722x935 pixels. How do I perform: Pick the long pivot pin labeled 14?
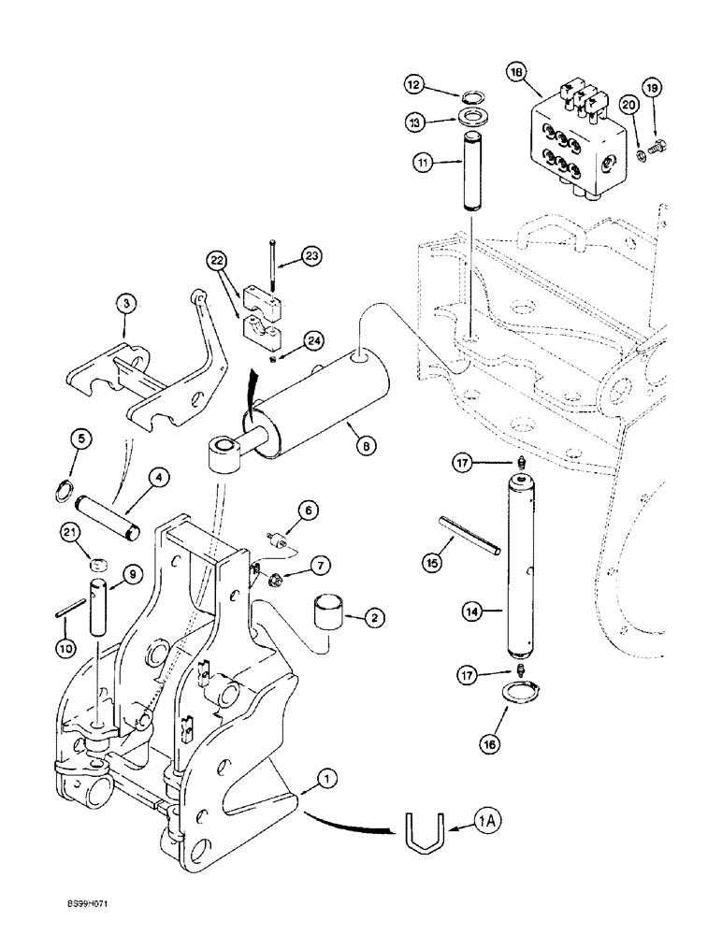(519, 566)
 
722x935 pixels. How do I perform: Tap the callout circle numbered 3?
(126, 303)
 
